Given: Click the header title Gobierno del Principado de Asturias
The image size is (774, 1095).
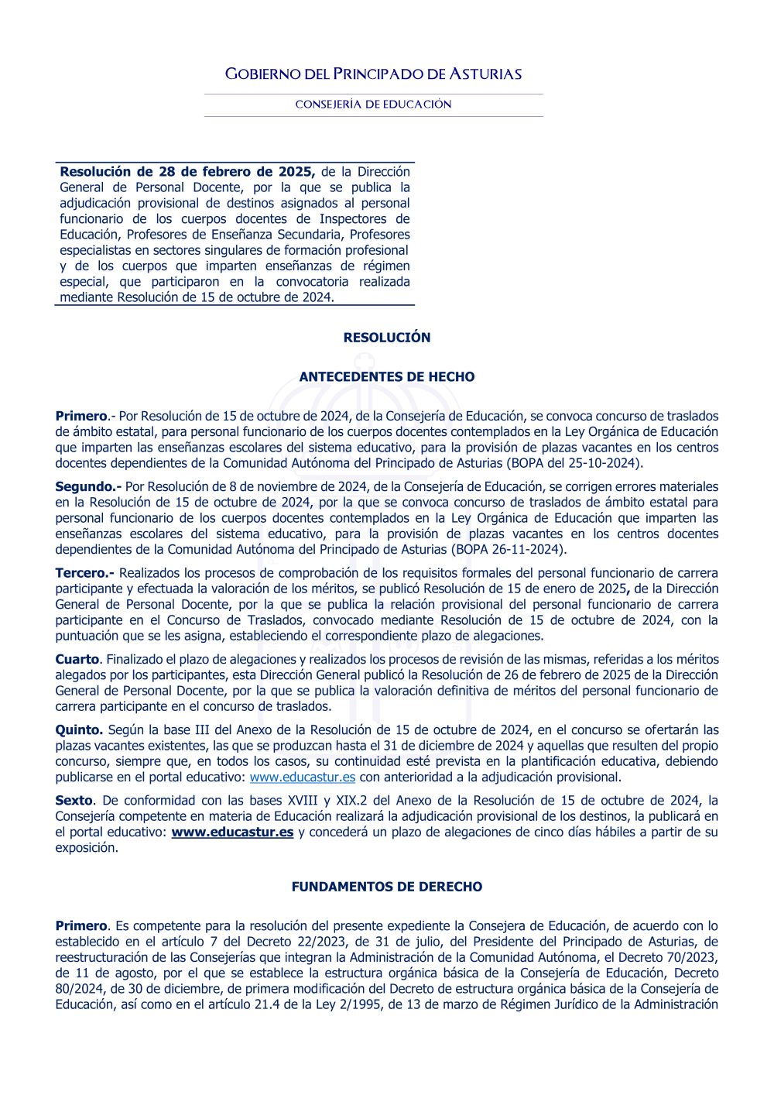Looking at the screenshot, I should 373,74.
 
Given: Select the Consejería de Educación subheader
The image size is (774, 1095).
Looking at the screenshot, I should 373,105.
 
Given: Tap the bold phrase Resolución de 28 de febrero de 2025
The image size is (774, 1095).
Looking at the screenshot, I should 187,172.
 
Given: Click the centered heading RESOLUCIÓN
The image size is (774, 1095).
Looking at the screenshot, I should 387,338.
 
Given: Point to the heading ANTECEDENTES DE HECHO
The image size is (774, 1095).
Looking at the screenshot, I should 387,377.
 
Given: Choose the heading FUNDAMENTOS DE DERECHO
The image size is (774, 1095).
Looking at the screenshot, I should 387,887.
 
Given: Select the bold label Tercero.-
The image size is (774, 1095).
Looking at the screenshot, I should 84,573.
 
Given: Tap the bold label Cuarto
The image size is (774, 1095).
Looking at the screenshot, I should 77,659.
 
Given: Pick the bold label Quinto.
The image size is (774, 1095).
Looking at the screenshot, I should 79,729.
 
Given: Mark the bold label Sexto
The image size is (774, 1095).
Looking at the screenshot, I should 74,801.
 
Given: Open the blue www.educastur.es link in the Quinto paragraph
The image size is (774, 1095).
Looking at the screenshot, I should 303,777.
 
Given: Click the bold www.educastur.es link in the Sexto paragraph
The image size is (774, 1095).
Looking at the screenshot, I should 232,832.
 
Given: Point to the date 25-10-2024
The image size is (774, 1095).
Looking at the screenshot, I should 604,463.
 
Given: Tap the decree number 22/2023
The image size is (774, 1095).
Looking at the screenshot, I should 324,942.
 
